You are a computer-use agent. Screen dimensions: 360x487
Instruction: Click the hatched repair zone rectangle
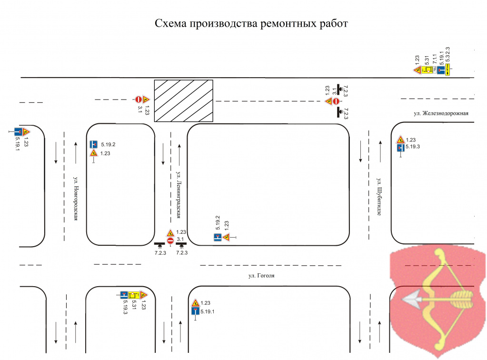coord(183,101)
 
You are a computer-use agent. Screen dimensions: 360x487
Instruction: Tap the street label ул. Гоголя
coord(262,276)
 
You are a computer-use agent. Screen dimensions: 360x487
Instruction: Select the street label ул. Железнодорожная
coord(441,113)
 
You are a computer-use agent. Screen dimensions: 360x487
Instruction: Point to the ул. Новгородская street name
coord(76,199)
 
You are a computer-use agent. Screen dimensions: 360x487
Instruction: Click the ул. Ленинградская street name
coord(179,196)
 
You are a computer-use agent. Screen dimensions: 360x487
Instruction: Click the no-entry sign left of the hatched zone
coord(138,100)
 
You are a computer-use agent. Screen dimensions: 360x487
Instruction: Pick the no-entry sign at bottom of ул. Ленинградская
coord(170,241)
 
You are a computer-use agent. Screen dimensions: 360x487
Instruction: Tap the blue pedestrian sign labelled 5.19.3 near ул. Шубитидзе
coord(401,148)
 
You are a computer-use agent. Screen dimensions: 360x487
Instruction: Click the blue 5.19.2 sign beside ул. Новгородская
coord(93,144)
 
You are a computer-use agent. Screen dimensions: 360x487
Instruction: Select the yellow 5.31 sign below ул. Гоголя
coord(133,295)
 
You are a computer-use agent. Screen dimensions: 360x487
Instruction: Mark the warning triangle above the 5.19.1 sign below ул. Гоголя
coord(195,303)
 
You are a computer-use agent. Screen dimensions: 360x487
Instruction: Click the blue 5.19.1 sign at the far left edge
coord(18,131)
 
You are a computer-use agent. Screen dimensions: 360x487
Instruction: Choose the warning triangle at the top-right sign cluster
coord(417,70)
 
